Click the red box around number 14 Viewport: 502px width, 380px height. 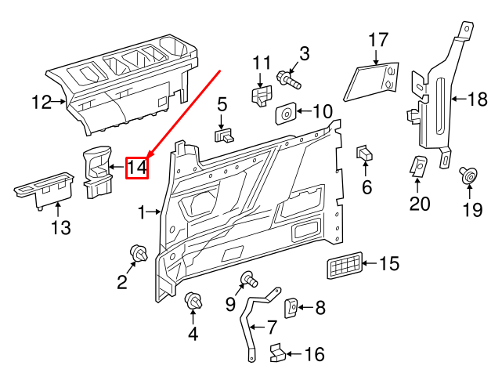[137, 167]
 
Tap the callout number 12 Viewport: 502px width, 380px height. [41, 102]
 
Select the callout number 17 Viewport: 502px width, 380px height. [378, 39]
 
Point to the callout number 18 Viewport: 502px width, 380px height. [477, 99]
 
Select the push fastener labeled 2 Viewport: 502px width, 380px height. [139, 254]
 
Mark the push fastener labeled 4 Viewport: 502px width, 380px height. [193, 301]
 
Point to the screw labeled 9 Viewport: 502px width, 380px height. [250, 278]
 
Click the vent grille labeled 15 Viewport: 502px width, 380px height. [345, 266]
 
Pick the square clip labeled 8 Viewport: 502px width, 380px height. [289, 308]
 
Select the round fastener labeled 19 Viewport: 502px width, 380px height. [469, 176]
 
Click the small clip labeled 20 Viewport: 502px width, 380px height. [419, 166]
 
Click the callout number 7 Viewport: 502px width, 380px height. [271, 326]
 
